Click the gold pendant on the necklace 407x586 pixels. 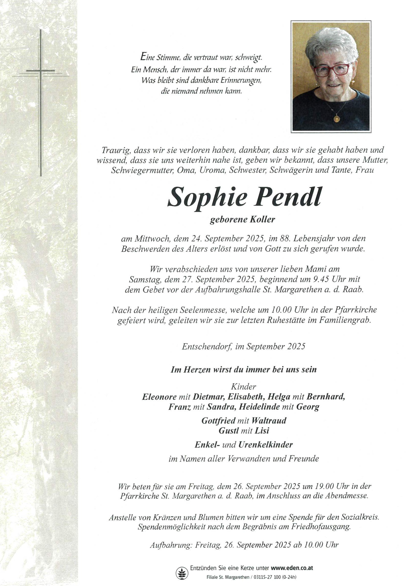pyautogui.click(x=336, y=119)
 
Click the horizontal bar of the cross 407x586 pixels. pyautogui.click(x=41, y=71)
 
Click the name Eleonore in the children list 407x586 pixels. pyautogui.click(x=159, y=397)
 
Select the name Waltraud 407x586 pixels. pyautogui.click(x=269, y=421)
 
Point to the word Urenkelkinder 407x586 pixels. pyautogui.click(x=266, y=445)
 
